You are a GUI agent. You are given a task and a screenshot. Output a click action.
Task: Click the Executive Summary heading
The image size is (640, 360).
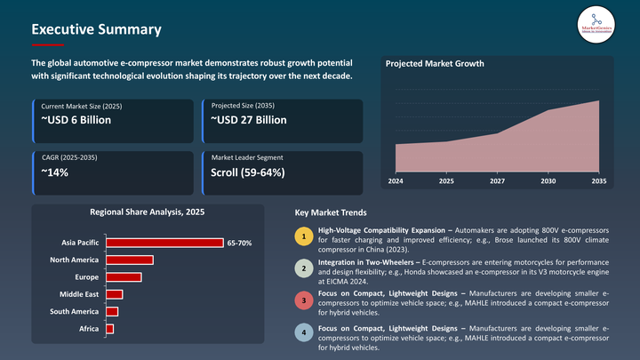pyautogui.click(x=96, y=29)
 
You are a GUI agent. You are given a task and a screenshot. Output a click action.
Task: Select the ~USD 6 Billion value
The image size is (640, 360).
pyautogui.click(x=76, y=120)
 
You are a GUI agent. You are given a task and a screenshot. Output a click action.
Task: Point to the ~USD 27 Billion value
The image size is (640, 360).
pyautogui.click(x=249, y=120)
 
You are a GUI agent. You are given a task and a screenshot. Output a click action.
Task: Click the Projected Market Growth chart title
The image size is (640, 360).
pyautogui.click(x=434, y=64)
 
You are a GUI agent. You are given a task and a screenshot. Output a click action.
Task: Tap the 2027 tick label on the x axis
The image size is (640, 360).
pyautogui.click(x=497, y=180)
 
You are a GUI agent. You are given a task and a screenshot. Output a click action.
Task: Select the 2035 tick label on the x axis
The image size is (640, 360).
pyautogui.click(x=598, y=180)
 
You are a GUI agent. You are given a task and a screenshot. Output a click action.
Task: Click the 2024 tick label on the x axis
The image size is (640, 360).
pyautogui.click(x=396, y=180)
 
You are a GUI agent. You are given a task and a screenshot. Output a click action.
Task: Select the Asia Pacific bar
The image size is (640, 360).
pyautogui.click(x=164, y=243)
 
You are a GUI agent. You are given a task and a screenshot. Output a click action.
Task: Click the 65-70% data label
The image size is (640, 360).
pyautogui.click(x=239, y=243)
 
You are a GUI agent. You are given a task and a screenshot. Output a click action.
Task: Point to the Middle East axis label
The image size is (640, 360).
pyautogui.click(x=78, y=294)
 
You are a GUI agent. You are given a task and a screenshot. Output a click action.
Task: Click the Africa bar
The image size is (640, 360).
pyautogui.click(x=109, y=329)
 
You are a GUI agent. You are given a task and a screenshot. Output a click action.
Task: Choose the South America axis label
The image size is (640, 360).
pyautogui.click(x=74, y=311)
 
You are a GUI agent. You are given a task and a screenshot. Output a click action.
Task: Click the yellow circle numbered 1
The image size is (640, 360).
pyautogui.click(x=304, y=236)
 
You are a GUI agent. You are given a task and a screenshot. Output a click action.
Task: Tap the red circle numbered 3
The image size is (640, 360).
pyautogui.click(x=304, y=301)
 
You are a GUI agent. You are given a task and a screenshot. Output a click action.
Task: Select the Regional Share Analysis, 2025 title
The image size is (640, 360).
pyautogui.click(x=148, y=212)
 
